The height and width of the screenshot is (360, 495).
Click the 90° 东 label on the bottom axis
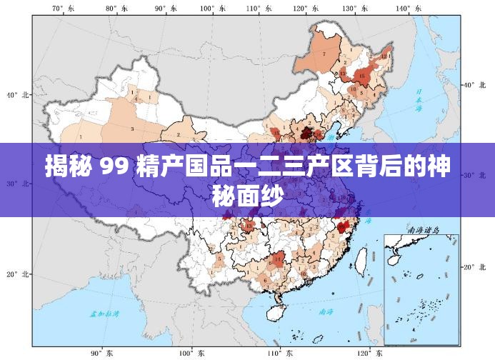coord(101,353)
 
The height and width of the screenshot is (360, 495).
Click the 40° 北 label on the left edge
coord(17,94)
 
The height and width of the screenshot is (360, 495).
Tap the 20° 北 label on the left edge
coord(17,274)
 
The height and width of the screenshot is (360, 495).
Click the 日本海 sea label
coord(420,100)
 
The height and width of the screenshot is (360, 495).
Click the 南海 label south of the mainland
coord(326,312)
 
